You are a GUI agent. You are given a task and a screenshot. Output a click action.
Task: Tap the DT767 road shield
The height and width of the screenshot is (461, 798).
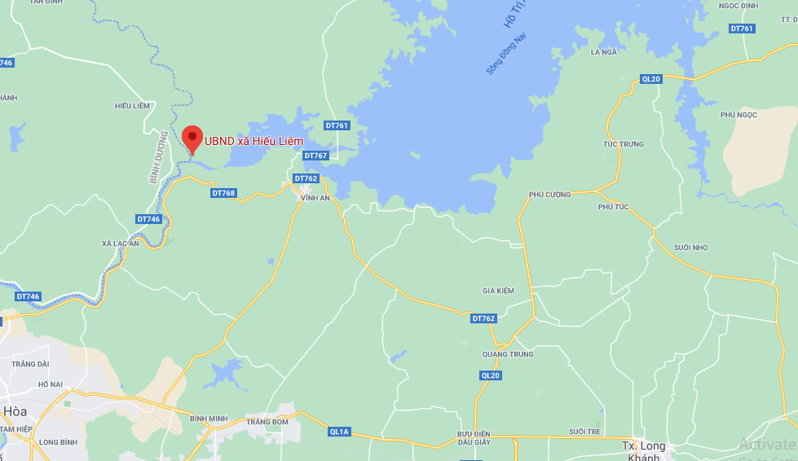[x=315, y=156]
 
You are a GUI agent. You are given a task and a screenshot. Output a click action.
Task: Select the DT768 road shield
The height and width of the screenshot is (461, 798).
[x=223, y=193]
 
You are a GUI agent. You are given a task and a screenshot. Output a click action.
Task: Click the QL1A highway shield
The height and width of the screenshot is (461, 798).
[x=339, y=432]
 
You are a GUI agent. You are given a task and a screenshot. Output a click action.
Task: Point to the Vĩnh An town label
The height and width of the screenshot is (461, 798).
[x=314, y=198]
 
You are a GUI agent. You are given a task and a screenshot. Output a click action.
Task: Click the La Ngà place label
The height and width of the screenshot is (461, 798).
[x=603, y=52]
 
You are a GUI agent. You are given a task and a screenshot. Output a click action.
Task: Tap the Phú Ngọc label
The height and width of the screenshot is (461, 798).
[x=738, y=115]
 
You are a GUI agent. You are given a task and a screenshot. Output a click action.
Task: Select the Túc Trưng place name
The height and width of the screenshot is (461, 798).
[x=623, y=144]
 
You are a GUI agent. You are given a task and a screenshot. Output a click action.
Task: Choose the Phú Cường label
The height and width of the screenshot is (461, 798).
[x=550, y=195]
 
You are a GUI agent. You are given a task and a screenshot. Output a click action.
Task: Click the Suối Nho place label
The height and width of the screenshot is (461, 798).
[x=691, y=247]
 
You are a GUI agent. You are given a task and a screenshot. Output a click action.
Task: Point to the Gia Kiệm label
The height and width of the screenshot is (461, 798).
[x=499, y=291]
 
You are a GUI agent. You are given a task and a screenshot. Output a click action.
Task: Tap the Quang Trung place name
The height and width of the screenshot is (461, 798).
[x=508, y=354]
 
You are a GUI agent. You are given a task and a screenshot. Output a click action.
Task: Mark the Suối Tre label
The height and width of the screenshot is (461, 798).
[x=584, y=431]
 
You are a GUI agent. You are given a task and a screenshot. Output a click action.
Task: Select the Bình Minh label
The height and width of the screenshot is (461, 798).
[x=208, y=418]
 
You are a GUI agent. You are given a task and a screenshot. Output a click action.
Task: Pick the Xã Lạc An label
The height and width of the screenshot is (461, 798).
[x=121, y=244]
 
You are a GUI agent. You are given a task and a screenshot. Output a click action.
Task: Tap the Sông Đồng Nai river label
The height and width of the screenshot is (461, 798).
[x=506, y=53]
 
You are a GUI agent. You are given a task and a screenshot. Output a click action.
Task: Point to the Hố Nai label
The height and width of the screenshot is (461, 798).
[x=51, y=384]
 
